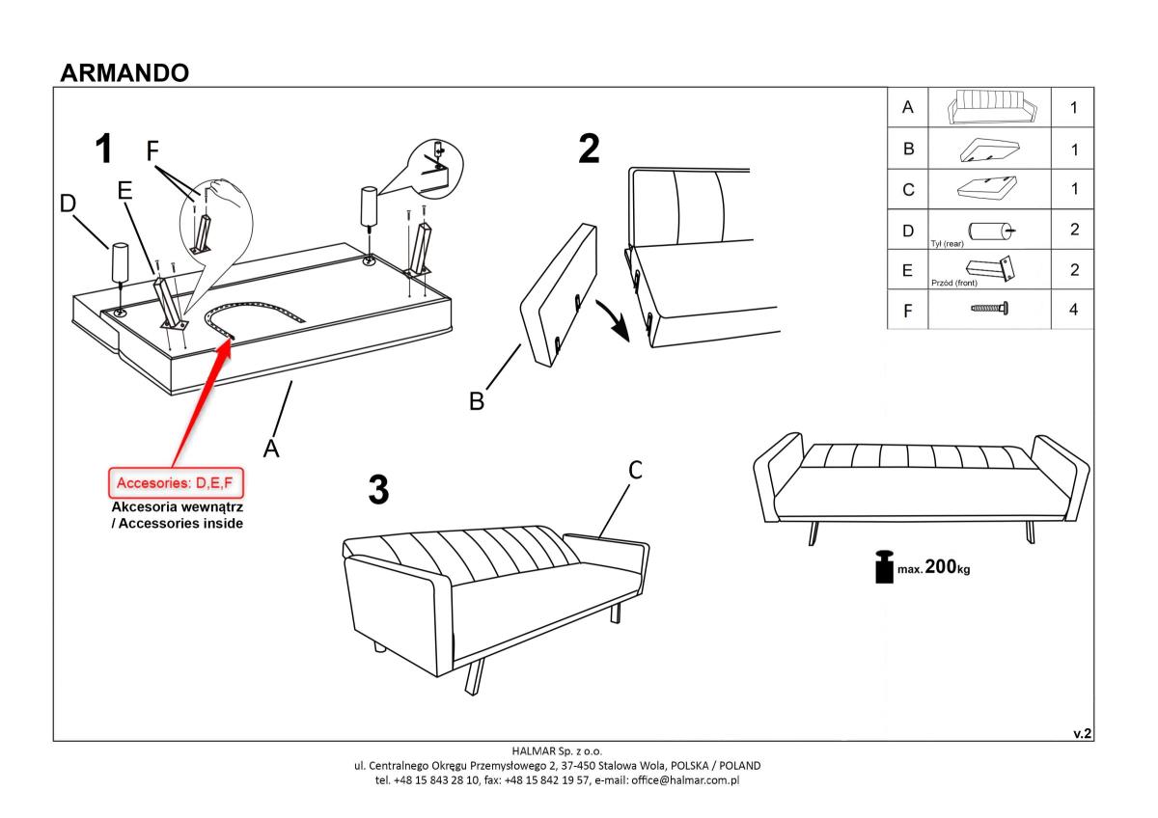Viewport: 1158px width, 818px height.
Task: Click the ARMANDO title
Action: tap(124, 73)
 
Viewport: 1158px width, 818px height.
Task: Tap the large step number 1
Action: tap(104, 149)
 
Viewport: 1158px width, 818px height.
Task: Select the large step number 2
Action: tap(589, 149)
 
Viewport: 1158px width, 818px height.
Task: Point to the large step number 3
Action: tap(378, 489)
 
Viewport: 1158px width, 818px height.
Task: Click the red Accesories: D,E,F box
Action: tap(176, 483)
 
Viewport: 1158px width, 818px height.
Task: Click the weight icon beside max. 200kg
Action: tap(884, 567)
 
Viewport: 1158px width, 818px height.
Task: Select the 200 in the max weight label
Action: tap(940, 566)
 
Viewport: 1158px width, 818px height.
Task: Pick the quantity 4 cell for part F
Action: tap(1073, 310)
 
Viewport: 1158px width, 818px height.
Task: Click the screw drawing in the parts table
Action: tap(989, 309)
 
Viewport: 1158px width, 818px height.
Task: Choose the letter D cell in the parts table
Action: tap(908, 230)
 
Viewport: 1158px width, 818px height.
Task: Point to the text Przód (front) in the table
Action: tap(953, 283)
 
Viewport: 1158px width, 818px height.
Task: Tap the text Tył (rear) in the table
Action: tap(947, 244)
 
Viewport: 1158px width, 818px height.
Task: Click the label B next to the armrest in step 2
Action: tap(477, 401)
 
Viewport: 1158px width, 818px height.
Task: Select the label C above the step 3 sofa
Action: tap(635, 470)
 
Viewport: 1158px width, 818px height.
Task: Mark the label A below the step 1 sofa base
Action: tap(271, 448)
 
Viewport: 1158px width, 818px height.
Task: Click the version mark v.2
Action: tap(1082, 734)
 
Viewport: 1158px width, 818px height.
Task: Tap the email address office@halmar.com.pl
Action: tap(685, 780)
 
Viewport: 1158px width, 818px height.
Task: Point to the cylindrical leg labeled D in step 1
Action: tap(120, 262)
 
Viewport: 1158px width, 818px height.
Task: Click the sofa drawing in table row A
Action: tap(992, 107)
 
